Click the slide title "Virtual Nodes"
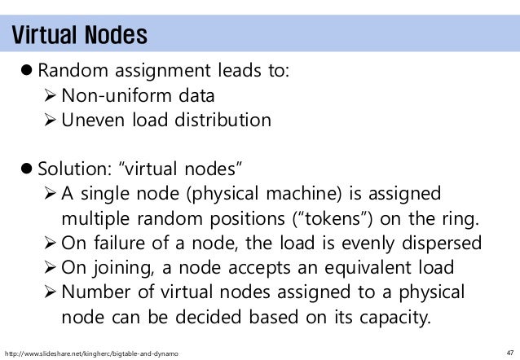click(x=78, y=36)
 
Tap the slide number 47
click(x=505, y=352)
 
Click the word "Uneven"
click(x=92, y=121)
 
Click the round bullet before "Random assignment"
click(x=27, y=72)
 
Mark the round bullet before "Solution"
click(x=27, y=170)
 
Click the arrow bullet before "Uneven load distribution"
click(x=50, y=121)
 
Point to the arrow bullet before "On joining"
click(x=50, y=269)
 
